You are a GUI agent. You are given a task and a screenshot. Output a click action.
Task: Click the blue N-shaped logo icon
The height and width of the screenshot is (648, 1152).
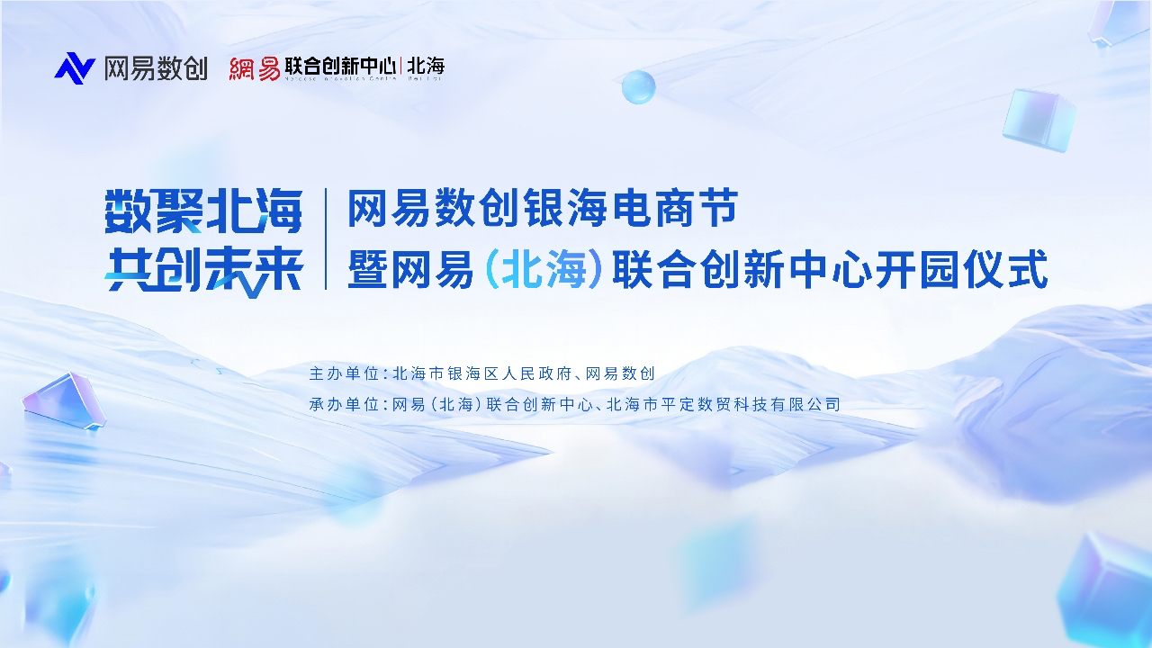[74, 68]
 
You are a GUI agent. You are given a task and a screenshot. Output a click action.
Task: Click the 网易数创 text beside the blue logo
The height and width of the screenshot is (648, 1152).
[156, 68]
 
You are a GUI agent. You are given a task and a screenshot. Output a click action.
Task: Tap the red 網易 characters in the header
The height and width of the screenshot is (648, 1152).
[254, 68]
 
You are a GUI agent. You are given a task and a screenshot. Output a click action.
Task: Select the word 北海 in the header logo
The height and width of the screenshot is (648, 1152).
[426, 66]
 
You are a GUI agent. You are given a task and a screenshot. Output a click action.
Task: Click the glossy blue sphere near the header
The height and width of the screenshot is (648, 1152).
[638, 86]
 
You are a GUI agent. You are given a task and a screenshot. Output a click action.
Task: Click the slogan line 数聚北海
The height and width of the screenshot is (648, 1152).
[203, 211]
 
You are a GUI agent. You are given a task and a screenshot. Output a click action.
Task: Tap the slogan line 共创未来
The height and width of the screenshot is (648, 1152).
[203, 268]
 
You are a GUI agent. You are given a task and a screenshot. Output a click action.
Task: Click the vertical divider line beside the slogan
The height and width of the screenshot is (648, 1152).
[326, 238]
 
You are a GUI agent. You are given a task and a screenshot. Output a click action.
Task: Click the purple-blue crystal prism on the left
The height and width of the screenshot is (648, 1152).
[63, 402]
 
